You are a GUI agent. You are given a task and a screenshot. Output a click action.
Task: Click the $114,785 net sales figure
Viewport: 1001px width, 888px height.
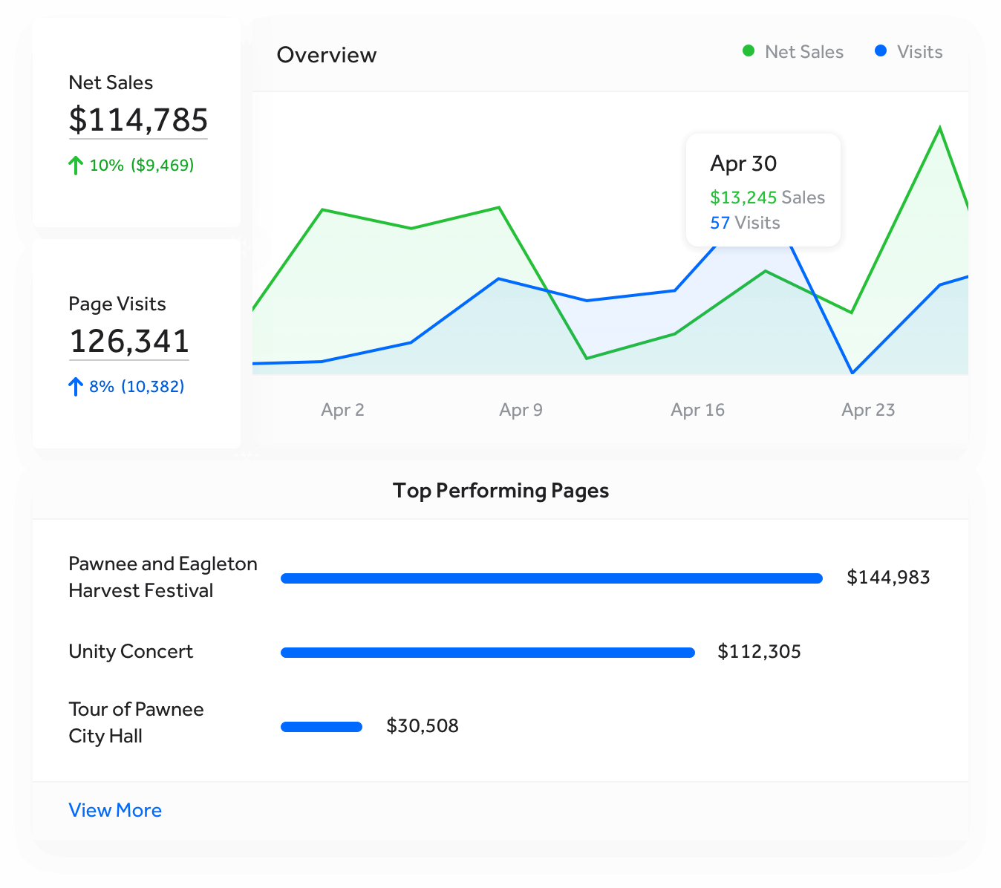point(138,120)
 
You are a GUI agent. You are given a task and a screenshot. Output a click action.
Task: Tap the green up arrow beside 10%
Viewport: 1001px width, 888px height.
point(75,165)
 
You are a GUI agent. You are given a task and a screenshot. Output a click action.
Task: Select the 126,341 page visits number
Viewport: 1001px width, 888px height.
point(129,342)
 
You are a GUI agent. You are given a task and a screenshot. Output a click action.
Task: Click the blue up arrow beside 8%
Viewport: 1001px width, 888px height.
point(75,386)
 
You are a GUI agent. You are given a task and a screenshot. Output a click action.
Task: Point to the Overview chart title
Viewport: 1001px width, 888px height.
point(326,55)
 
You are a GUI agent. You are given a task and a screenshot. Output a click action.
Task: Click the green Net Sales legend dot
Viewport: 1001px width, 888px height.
point(749,51)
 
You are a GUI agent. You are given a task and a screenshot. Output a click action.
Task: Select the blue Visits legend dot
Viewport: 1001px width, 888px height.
point(881,51)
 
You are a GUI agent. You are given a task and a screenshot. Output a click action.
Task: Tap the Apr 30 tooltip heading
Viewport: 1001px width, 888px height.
point(743,163)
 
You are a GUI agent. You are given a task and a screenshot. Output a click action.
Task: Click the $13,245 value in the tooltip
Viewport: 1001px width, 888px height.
point(743,197)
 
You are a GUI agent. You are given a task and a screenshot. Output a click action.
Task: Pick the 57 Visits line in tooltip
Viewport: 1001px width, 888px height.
point(745,223)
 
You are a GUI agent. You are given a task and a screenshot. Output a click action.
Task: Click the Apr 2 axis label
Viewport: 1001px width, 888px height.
point(342,410)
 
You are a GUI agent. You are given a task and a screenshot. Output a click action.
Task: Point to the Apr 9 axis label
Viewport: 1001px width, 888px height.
point(521,410)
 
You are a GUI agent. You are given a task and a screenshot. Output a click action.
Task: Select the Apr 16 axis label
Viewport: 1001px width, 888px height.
point(697,410)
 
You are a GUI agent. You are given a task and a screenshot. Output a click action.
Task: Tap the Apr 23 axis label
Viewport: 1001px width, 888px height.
point(868,410)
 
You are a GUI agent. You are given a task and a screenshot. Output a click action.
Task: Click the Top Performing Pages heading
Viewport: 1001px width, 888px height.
point(500,491)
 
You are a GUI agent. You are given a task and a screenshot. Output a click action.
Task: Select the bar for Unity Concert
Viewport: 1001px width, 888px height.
point(487,653)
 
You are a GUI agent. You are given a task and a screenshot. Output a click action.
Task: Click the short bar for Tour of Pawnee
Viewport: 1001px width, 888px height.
point(321,727)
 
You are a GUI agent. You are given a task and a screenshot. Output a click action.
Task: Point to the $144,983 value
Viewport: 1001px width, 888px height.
point(888,578)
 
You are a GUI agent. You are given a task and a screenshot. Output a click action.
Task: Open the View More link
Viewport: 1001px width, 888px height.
point(115,810)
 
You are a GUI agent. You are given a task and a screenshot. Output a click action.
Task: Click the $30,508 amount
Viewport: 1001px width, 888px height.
point(422,726)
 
